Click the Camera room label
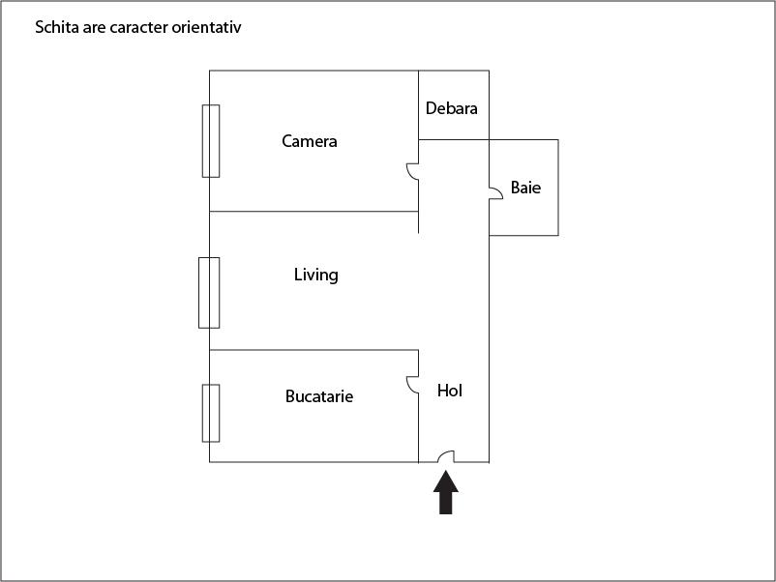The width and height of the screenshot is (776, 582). (310, 141)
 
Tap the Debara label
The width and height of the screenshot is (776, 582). (451, 108)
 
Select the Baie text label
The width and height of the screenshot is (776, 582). (525, 188)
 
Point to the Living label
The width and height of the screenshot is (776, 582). (316, 275)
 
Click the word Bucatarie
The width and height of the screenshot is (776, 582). (319, 396)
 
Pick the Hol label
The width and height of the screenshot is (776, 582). (449, 391)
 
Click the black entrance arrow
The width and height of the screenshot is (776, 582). (446, 492)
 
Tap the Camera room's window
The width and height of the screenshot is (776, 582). (211, 141)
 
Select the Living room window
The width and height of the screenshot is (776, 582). (209, 293)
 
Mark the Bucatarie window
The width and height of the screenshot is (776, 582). (211, 413)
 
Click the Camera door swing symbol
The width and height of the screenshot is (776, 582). (413, 171)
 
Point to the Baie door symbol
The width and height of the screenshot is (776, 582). (496, 193)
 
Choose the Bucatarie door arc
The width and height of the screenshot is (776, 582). (413, 385)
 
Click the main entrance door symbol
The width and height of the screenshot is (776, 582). (446, 457)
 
